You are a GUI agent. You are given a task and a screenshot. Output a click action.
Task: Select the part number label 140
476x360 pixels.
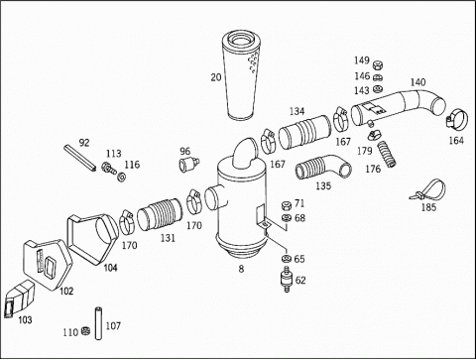click(417, 82)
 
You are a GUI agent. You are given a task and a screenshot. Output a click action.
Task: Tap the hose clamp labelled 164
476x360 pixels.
click(457, 119)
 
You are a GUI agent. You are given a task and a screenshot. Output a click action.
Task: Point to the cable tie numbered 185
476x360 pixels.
click(429, 190)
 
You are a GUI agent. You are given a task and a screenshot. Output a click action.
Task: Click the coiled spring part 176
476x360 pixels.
click(387, 154)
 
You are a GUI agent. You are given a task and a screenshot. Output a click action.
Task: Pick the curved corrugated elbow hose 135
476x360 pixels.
click(323, 168)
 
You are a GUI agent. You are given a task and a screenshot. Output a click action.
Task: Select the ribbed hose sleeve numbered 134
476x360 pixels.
click(304, 132)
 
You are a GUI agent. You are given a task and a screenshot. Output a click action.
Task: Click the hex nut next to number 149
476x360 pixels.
click(377, 65)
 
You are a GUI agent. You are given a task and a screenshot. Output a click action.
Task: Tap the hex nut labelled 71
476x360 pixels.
click(287, 205)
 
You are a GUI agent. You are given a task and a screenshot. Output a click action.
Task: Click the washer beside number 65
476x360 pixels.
click(286, 258)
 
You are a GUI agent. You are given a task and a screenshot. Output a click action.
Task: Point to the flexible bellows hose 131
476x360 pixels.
click(160, 214)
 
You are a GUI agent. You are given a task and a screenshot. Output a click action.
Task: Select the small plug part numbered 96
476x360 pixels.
click(189, 164)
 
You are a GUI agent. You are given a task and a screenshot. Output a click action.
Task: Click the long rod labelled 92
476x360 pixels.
click(80, 158)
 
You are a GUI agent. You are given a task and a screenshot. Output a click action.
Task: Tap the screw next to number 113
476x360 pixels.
click(109, 168)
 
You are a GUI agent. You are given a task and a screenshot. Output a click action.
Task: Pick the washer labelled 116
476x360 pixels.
click(122, 177)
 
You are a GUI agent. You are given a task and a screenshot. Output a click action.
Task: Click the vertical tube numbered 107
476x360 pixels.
click(98, 323)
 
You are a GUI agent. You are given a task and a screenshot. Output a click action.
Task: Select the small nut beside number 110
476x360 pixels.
click(85, 331)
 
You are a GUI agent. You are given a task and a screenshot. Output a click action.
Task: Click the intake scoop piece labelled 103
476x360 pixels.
click(19, 299)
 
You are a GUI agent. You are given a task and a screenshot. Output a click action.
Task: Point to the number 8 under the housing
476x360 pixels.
click(241, 269)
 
